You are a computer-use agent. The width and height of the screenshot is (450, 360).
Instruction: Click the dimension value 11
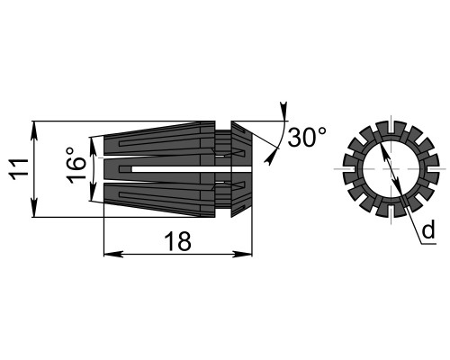point(20,169)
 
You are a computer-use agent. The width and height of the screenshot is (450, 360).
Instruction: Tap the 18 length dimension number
point(178,241)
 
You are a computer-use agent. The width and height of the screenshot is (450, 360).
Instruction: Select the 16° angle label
point(76,166)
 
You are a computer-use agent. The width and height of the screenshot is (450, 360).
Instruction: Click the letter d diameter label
point(428,229)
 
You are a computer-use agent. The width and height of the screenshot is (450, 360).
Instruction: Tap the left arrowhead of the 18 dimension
point(113,255)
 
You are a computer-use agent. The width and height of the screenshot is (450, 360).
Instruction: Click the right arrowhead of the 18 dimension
point(242,255)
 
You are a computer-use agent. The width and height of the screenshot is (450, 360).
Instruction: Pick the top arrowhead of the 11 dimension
point(35,130)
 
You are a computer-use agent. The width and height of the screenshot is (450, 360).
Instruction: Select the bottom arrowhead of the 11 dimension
point(35,207)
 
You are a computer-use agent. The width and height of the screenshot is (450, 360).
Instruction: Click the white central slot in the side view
point(191,169)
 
